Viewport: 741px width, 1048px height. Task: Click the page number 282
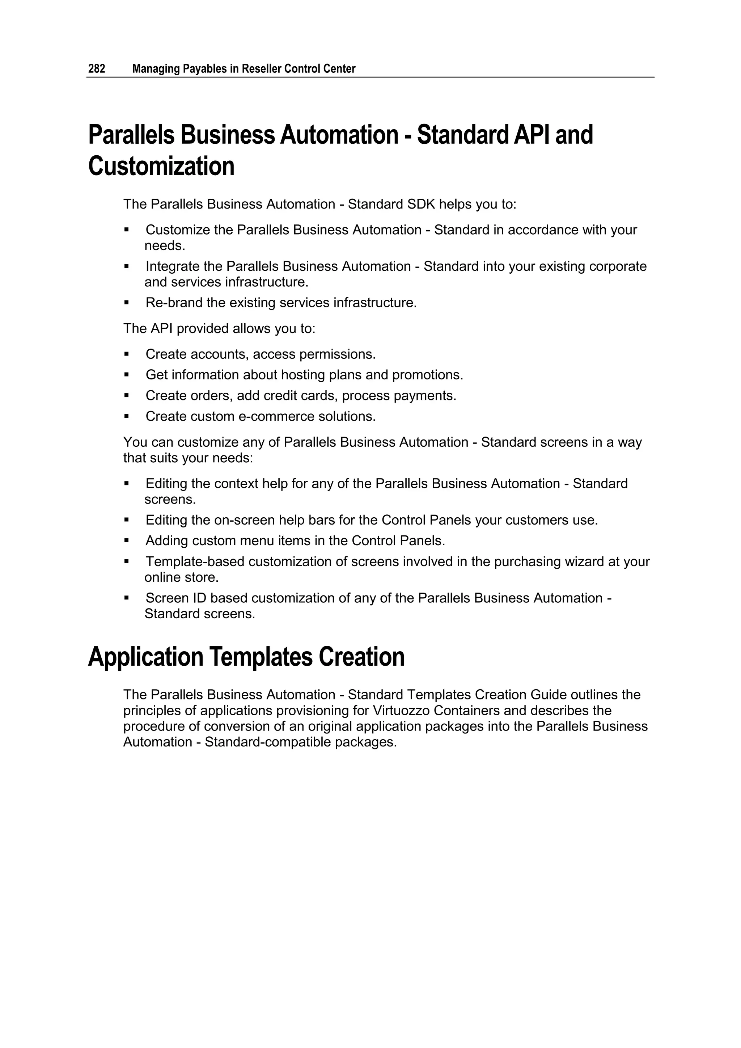coord(96,69)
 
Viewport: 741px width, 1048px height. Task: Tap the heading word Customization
coord(161,166)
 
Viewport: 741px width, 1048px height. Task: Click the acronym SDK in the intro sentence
coord(421,204)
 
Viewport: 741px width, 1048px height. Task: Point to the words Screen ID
coord(176,598)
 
